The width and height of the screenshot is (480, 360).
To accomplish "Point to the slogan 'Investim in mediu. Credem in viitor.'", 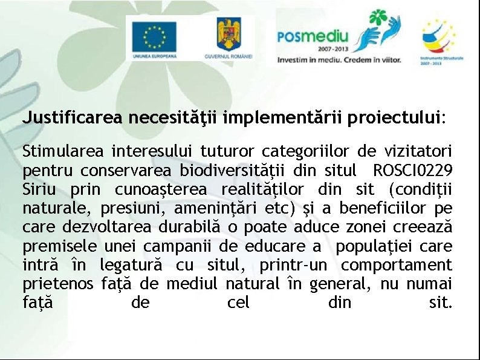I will tap(339, 61).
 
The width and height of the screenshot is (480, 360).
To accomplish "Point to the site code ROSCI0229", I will tap(413, 169).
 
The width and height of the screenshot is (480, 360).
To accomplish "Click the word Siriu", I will tap(40, 188).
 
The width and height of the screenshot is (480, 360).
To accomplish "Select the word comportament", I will tap(396, 265).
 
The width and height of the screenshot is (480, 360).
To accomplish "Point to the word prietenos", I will tap(57, 284).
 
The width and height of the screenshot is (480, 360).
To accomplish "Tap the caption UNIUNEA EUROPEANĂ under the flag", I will tap(155, 55).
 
